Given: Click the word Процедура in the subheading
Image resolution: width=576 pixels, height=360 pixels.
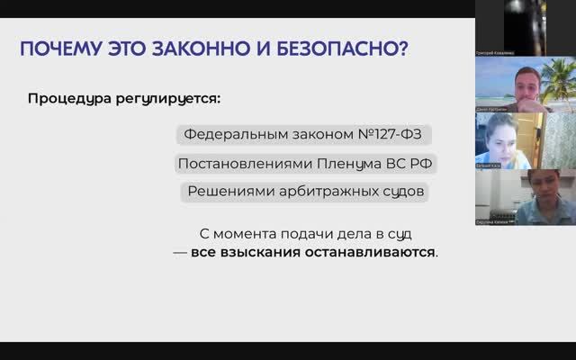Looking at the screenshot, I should click(x=67, y=96).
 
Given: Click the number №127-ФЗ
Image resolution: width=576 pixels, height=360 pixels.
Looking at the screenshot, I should click(x=390, y=135).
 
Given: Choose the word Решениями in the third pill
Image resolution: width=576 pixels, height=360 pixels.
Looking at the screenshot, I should click(x=224, y=192).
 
